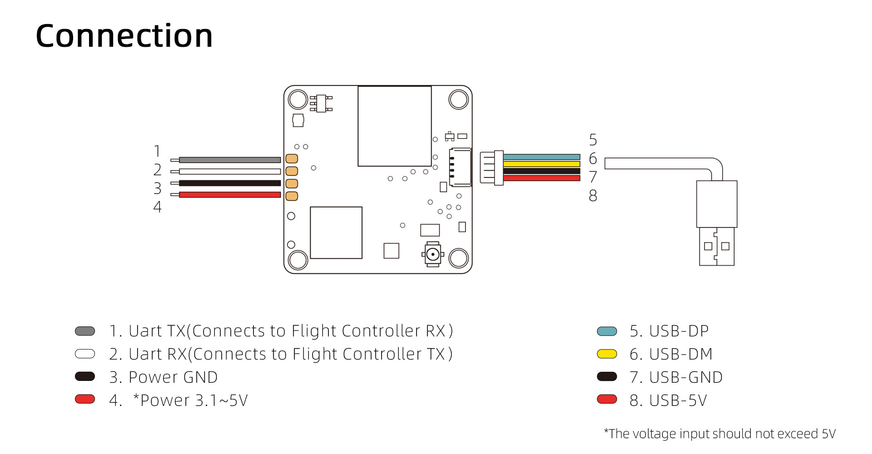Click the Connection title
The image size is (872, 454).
[x=124, y=36]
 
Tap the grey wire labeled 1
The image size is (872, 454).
[x=229, y=160]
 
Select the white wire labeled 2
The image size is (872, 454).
[x=229, y=172]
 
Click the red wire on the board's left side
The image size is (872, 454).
[x=229, y=195]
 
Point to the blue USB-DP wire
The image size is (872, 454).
[x=541, y=157]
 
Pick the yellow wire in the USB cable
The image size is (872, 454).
[x=541, y=164]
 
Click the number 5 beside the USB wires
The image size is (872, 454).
[x=593, y=140]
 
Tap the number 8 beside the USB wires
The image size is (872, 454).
[x=593, y=196]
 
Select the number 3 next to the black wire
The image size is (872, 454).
[x=158, y=188]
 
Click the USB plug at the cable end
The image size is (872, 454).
[x=716, y=222]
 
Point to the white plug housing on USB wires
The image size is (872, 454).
[x=491, y=168]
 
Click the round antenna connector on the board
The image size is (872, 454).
[x=433, y=254]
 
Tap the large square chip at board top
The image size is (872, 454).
[x=394, y=126]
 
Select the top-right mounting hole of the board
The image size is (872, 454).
[x=458, y=99]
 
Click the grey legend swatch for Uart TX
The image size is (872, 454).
[x=85, y=331]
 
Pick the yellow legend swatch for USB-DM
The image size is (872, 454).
[x=607, y=354]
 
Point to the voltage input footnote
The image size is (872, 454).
[x=719, y=434]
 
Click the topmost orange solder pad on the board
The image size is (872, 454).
[x=292, y=158]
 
